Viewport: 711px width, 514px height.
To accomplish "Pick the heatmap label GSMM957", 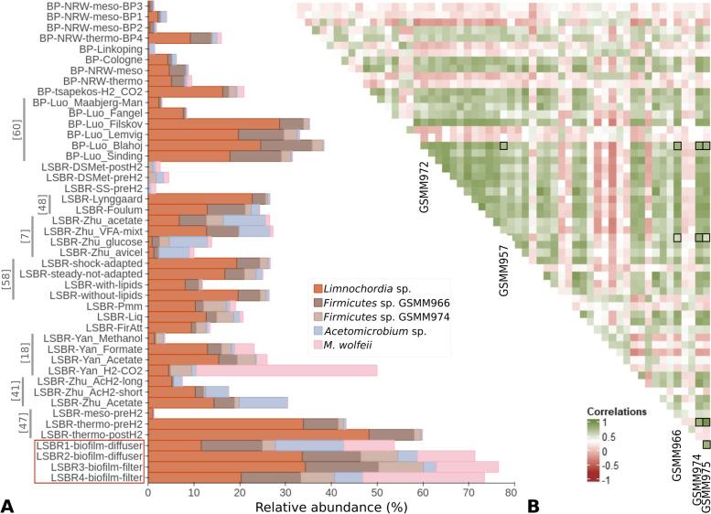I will (502, 271).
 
